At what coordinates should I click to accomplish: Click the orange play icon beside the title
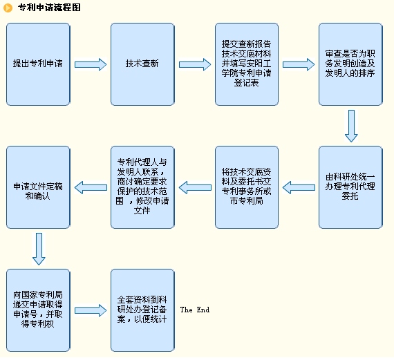[8, 8]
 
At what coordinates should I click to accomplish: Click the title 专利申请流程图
[49, 8]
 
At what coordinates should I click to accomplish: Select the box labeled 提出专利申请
[38, 64]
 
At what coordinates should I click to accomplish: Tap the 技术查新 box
[142, 64]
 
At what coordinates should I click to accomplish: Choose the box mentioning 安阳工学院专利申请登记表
[247, 64]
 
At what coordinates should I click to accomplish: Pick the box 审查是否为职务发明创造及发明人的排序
[350, 64]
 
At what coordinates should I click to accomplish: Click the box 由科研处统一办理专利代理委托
[350, 187]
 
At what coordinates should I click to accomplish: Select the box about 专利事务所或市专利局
[247, 187]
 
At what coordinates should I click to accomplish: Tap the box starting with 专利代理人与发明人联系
[142, 187]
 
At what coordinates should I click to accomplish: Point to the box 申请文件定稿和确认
[38, 187]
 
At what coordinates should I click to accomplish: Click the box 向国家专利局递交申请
[38, 310]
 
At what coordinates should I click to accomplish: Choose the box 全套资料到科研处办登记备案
[142, 310]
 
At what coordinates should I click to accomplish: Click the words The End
[195, 310]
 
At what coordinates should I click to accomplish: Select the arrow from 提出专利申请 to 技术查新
[91, 64]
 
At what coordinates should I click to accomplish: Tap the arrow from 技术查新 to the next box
[195, 64]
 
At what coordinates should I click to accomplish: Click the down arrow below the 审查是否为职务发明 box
[351, 126]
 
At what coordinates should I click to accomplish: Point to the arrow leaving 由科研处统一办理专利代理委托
[299, 187]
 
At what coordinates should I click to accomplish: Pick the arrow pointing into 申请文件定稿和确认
[91, 187]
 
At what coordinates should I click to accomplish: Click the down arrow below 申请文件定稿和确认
[39, 249]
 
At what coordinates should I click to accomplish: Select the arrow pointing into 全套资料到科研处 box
[91, 310]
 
